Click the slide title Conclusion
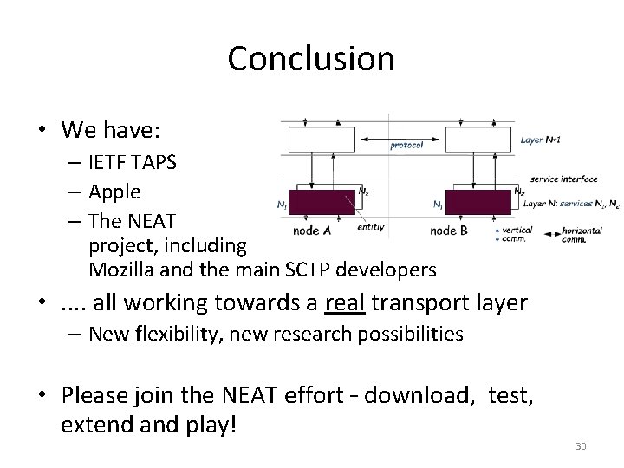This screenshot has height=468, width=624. click(x=311, y=59)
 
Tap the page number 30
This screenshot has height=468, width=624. click(x=581, y=446)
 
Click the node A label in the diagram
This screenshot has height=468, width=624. click(x=312, y=231)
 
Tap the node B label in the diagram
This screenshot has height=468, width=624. click(x=449, y=231)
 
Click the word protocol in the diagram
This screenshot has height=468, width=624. click(x=406, y=145)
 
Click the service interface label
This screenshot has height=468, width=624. click(x=564, y=179)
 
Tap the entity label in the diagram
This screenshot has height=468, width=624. click(x=370, y=226)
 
